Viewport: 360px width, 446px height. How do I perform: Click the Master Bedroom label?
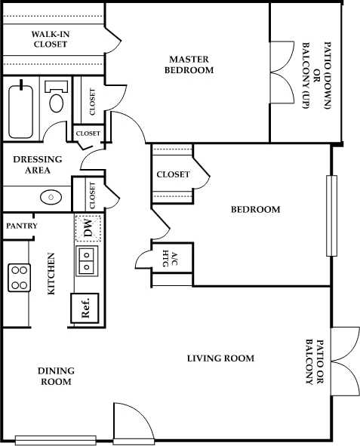point(191,64)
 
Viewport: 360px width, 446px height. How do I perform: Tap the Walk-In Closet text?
point(50,39)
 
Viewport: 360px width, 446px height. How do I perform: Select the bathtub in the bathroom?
point(20,111)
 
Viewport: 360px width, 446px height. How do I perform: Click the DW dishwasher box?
point(88,229)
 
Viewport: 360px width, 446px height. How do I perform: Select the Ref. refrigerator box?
point(86,309)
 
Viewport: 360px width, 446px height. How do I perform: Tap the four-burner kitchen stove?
point(19,278)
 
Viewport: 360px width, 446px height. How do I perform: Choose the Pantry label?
point(21,226)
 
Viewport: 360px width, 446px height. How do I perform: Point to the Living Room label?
point(220,358)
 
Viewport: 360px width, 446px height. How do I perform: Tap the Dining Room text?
point(56,376)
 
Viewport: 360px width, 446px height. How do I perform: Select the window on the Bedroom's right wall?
point(329,216)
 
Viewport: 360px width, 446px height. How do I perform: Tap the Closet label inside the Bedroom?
point(173,174)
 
